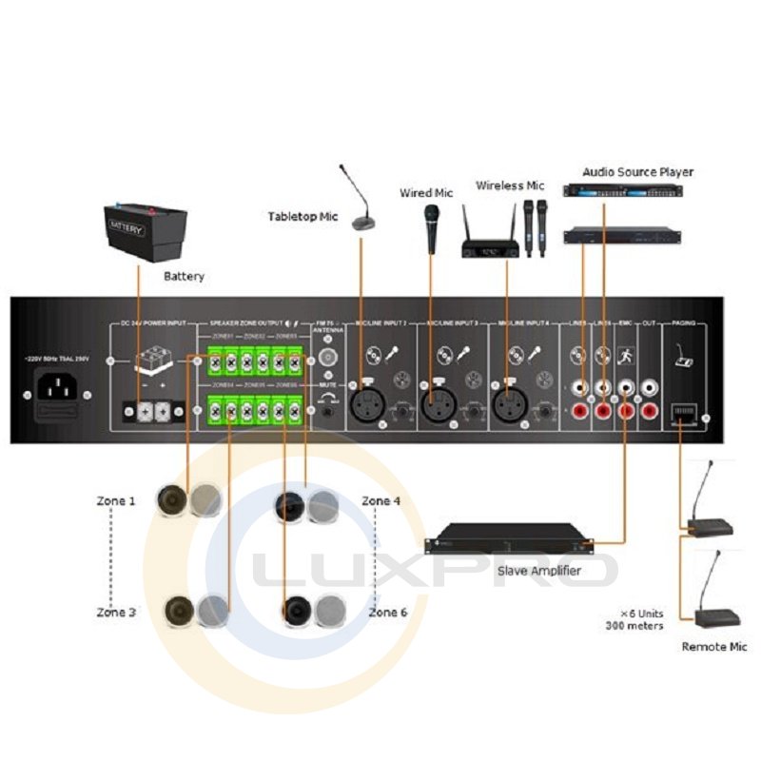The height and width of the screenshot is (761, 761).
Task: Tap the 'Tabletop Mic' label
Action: (x=302, y=217)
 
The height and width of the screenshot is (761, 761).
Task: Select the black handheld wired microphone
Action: (x=432, y=228)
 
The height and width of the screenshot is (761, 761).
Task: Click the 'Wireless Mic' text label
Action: (x=510, y=185)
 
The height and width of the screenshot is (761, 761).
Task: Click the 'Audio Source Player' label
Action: (x=637, y=172)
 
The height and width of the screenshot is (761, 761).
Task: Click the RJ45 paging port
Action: (x=683, y=412)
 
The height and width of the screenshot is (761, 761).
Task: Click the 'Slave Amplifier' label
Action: (x=540, y=572)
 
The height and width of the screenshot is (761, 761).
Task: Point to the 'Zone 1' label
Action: (x=116, y=500)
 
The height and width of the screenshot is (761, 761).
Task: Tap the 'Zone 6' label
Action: (x=388, y=613)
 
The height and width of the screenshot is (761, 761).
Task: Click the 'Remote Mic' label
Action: (x=714, y=647)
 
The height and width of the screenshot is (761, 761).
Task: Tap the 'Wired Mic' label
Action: (x=426, y=193)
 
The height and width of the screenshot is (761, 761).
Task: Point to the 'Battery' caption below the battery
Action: (x=184, y=277)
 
